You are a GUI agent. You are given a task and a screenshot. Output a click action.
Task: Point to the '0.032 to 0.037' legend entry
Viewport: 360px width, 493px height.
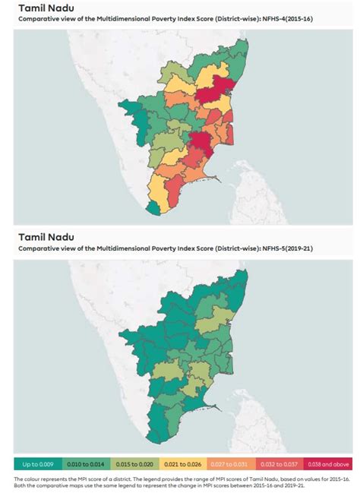click(x=279, y=463)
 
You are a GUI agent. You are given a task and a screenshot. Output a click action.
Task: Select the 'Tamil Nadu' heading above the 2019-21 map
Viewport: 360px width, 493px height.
click(x=46, y=239)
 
